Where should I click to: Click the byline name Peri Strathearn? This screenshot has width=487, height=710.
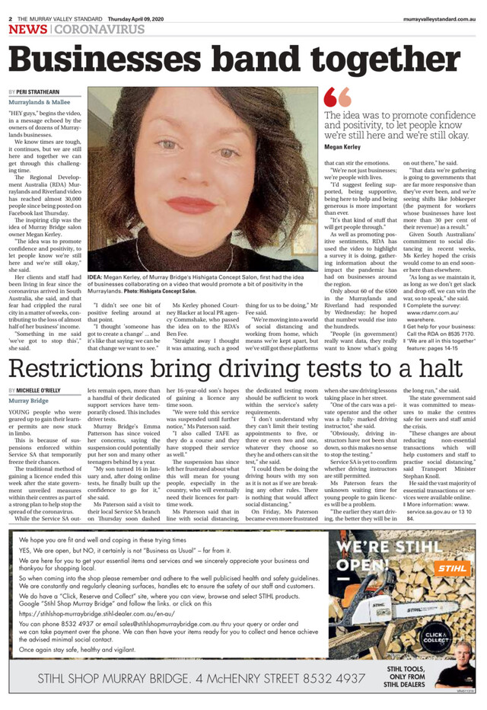point(39,91)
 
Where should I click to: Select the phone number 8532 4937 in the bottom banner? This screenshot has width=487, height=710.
point(317,677)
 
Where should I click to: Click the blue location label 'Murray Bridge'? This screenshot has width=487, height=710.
point(29,399)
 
